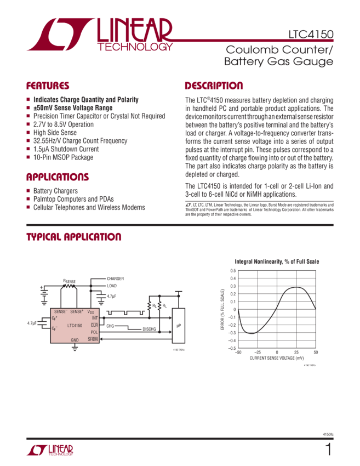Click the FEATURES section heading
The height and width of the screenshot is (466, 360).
click(48, 86)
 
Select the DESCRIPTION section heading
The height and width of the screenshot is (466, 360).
click(214, 86)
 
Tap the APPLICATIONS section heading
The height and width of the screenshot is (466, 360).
click(58, 177)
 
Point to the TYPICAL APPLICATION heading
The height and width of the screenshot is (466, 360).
click(75, 237)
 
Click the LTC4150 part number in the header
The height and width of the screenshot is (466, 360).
click(311, 35)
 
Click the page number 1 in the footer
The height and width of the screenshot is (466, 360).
click(328, 450)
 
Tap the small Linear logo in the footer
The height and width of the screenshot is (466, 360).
click(50, 451)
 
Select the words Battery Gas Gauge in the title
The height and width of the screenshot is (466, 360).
click(279, 62)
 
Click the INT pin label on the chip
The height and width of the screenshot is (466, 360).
click(95, 318)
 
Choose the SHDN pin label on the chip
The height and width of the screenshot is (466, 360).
click(93, 339)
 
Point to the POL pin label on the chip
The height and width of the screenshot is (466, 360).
click(94, 332)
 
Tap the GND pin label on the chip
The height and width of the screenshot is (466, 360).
click(75, 340)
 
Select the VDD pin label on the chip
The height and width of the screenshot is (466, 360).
click(92, 311)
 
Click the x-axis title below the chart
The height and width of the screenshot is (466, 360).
click(277, 357)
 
